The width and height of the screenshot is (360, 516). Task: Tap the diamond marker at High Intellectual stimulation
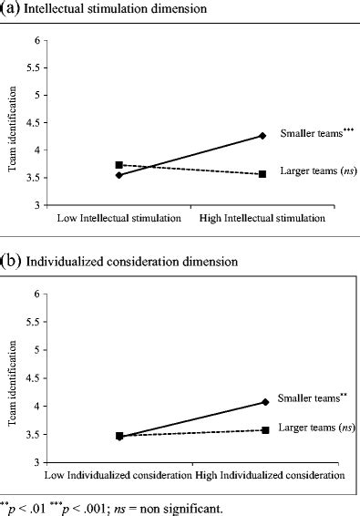click(262, 136)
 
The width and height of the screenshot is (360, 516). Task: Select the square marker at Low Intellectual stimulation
click(119, 165)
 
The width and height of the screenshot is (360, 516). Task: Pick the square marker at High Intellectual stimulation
click(262, 173)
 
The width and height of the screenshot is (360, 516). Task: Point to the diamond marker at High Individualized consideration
click(265, 402)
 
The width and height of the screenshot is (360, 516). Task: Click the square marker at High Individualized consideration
click(265, 429)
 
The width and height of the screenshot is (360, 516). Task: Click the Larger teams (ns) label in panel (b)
click(310, 427)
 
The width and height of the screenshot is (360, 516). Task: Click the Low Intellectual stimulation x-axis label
click(118, 219)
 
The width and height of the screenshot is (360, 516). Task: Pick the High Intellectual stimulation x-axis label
click(264, 219)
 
